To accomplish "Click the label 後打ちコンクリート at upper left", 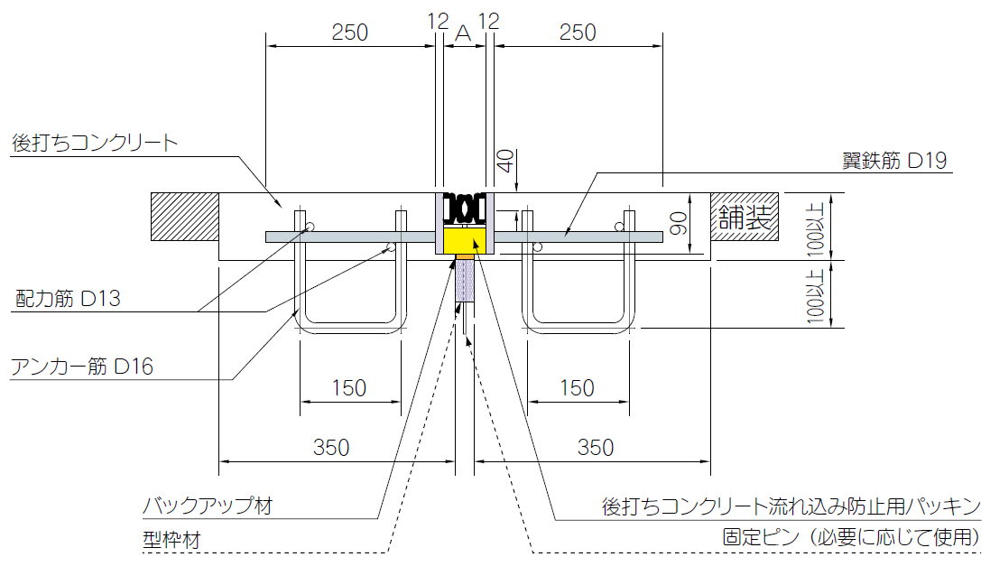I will coord(95,143).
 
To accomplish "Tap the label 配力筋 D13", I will coord(68,298).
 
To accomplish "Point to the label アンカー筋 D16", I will coord(81,366).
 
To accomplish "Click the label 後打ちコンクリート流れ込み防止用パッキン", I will coord(791,506).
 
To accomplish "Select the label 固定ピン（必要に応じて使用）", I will coord(851,537).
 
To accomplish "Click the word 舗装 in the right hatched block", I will coord(745,218).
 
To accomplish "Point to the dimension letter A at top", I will coord(463,33).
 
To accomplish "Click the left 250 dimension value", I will coord(349,32).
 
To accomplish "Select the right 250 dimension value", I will coord(578,32).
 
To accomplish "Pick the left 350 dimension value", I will coord(331,446).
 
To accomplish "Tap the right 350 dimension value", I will coord(595,446).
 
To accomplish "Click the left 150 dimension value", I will coord(349,387).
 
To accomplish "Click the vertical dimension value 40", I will coord(505,162).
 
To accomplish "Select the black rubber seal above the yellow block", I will coord(466,209).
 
